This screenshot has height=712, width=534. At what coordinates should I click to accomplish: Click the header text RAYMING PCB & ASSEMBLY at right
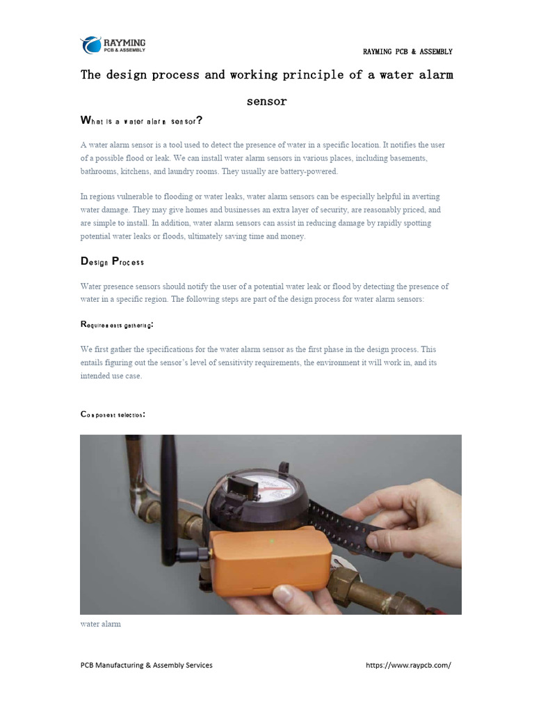407,51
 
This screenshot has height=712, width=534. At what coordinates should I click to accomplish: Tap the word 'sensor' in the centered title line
266,102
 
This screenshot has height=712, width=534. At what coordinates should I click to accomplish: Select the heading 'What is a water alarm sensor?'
141,121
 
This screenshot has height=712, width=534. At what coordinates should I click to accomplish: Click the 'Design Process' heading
113,261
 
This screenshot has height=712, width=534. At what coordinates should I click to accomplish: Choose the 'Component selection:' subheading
113,414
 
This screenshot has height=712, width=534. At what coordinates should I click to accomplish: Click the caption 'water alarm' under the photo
100,624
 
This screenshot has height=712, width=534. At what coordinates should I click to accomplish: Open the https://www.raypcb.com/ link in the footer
408,665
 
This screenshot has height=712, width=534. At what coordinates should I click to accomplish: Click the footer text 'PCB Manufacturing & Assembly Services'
146,665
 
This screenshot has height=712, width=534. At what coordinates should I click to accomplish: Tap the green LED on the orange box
272,540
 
